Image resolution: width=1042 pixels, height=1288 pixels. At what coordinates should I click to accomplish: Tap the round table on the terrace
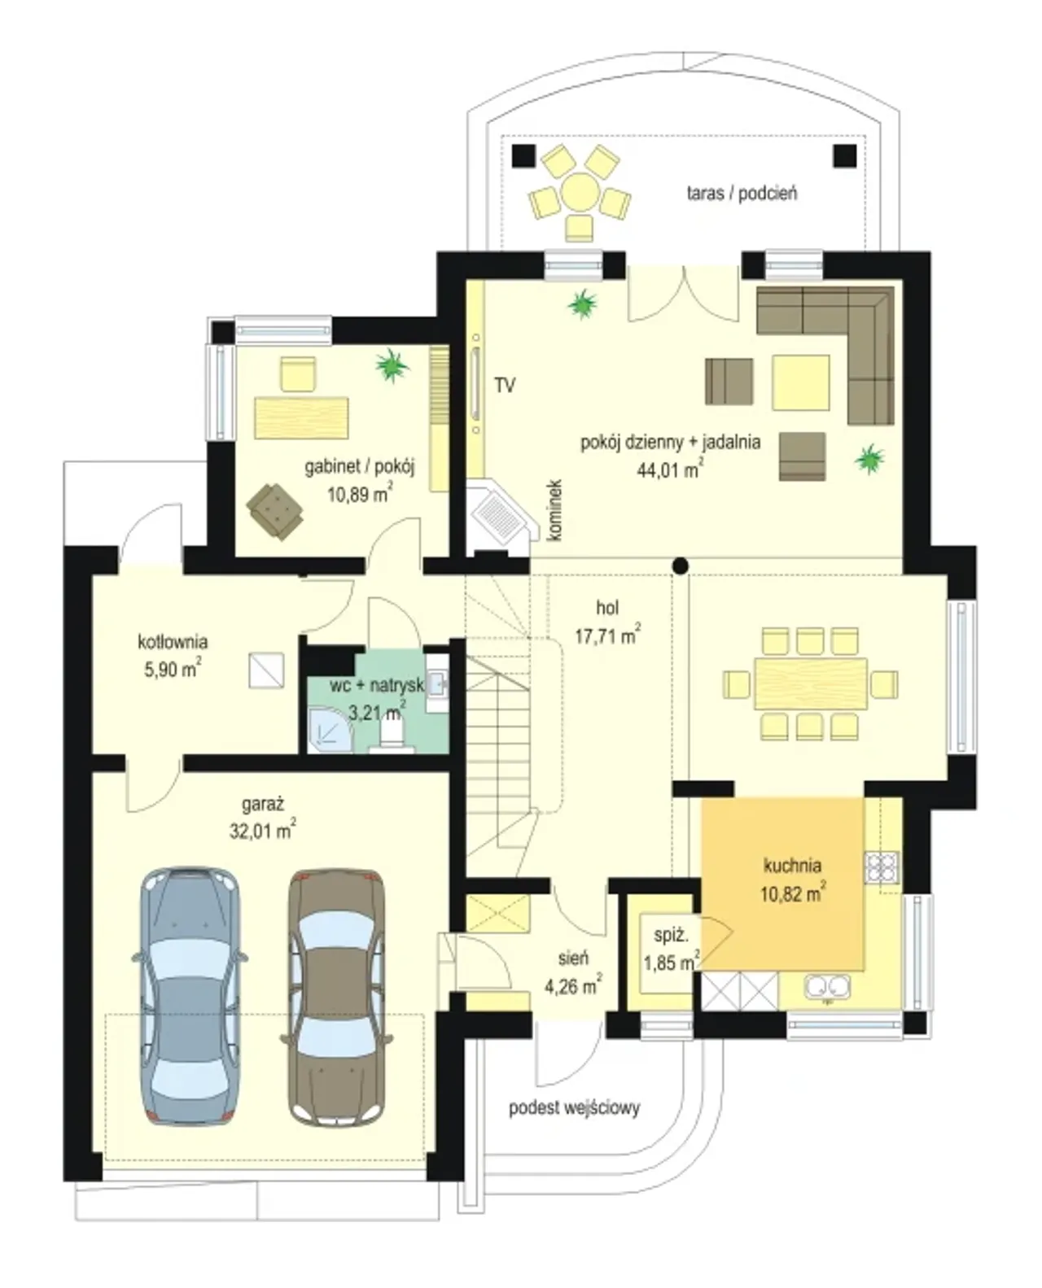click(x=579, y=192)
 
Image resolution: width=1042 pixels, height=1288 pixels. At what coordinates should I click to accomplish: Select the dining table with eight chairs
click(x=810, y=683)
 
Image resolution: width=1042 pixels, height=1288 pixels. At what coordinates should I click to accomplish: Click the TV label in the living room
click(x=505, y=385)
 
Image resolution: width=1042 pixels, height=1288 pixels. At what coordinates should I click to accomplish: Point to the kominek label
click(x=556, y=510)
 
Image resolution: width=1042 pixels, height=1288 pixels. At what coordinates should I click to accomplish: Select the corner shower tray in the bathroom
click(x=330, y=731)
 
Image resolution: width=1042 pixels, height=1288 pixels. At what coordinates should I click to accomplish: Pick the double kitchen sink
click(x=826, y=988)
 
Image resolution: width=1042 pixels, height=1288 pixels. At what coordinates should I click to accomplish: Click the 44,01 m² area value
click(x=670, y=469)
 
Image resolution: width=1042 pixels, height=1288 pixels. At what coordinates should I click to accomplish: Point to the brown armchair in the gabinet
click(x=274, y=510)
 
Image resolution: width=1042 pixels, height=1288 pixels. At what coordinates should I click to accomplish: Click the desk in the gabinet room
click(x=300, y=417)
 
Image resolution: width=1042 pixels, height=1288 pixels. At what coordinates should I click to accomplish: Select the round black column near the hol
click(x=680, y=565)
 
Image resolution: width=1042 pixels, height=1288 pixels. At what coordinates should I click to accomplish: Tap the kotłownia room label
click(x=173, y=642)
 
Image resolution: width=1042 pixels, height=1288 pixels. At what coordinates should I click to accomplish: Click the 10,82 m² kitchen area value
click(x=793, y=893)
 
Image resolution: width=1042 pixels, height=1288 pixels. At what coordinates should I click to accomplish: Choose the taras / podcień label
click(x=742, y=193)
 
